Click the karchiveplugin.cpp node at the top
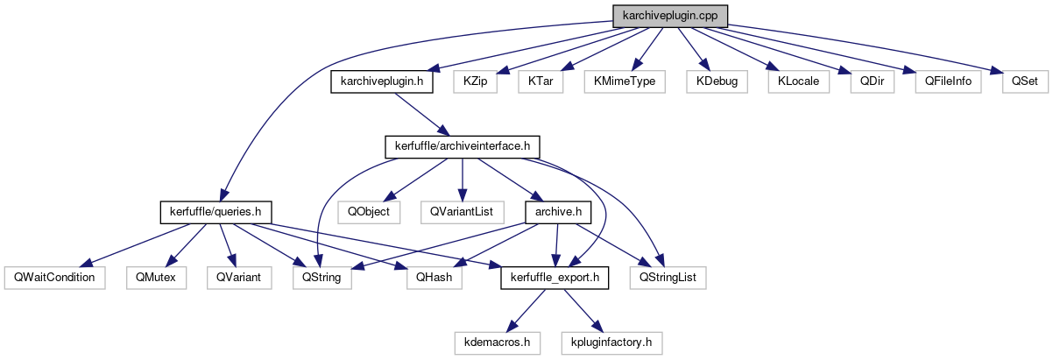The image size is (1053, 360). (x=670, y=16)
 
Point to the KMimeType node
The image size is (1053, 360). (x=625, y=82)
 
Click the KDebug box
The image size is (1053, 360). (x=717, y=82)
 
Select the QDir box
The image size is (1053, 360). (x=871, y=82)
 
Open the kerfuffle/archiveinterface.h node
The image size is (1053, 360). (x=463, y=146)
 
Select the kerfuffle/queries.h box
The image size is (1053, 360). (x=216, y=212)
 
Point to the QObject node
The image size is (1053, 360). (x=369, y=212)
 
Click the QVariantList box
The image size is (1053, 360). (x=462, y=212)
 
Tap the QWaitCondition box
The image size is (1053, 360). (x=54, y=278)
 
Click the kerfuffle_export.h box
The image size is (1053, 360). (x=555, y=278)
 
